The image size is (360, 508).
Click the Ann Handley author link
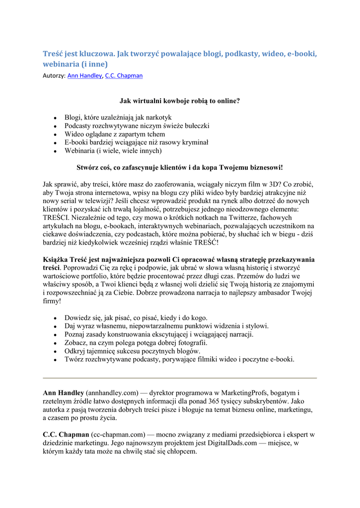[84, 76]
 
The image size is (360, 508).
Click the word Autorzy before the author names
[54, 76]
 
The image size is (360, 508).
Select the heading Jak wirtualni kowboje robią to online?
[180, 101]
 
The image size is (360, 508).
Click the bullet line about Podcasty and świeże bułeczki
[137, 126]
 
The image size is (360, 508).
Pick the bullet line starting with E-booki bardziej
[136, 142]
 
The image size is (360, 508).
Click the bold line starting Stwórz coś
[180, 168]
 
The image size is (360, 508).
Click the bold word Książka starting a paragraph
[57, 259]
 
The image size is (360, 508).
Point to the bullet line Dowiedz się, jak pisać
[136, 317]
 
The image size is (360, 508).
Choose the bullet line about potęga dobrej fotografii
[136, 343]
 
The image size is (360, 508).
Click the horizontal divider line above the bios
[180, 378]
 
